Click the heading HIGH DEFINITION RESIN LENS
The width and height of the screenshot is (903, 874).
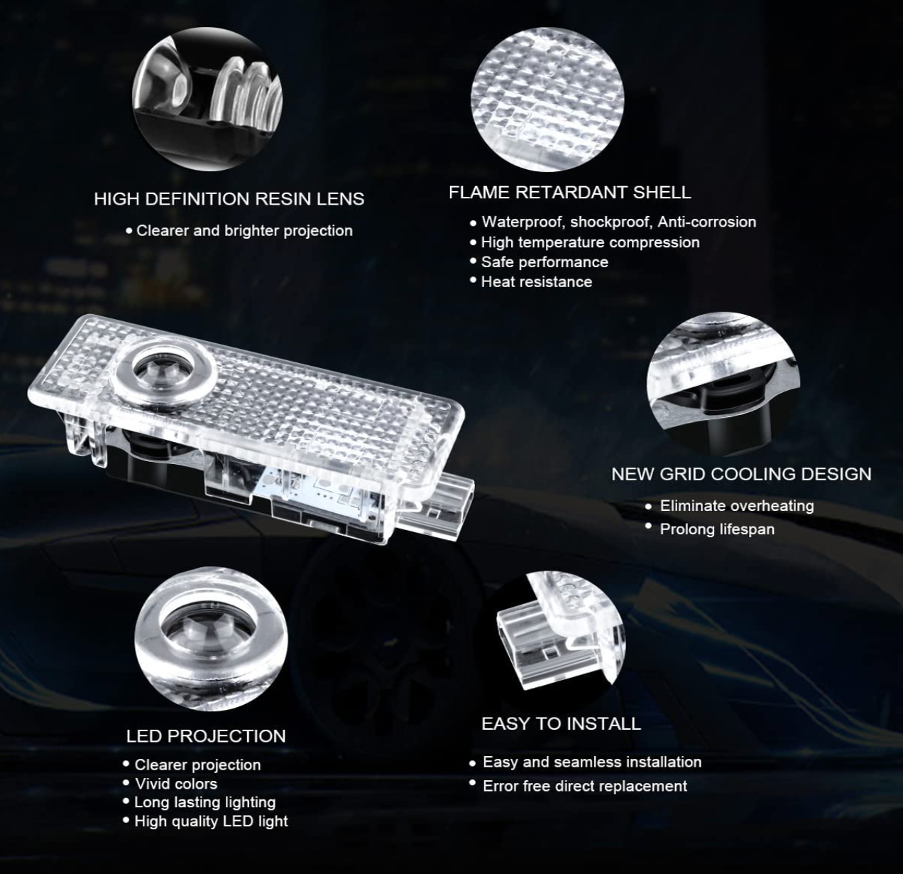229,199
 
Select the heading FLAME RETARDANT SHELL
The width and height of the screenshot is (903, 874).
570,193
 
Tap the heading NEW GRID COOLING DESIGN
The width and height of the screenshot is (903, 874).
742,474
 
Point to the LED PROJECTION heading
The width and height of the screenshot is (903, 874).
206,736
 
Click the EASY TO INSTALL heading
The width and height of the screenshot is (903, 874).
562,723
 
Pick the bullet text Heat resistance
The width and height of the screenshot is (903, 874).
537,282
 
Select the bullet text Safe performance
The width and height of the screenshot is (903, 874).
544,262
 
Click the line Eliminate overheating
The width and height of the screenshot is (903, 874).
737,506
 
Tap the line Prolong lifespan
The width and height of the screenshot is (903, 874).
717,529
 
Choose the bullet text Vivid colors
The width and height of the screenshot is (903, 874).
176,784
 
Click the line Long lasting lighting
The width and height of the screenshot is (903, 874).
205,802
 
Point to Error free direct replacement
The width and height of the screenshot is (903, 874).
585,786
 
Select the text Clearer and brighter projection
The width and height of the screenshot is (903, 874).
244,231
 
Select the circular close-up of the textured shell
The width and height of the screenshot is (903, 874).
547,99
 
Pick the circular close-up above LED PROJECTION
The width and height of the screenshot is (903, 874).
211,639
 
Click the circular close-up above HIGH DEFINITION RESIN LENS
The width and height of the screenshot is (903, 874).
207,99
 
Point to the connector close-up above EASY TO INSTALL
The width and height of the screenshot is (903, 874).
562,632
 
